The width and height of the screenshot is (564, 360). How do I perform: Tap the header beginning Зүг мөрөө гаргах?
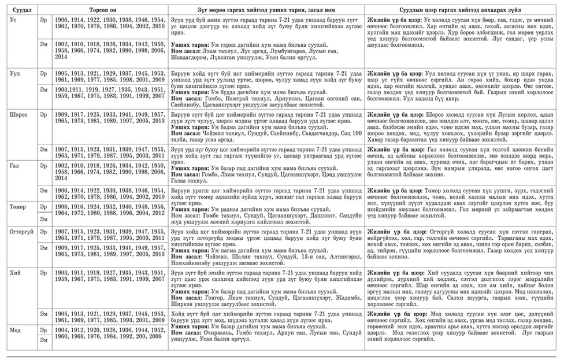pyautogui.click(x=266, y=10)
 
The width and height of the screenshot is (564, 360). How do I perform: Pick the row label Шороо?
pyautogui.click(x=18, y=115)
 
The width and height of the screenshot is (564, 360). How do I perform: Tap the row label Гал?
pyautogui.click(x=15, y=165)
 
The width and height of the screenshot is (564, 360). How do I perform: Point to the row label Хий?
pyautogui.click(x=15, y=272)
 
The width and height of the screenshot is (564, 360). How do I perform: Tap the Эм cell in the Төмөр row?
pyautogui.click(x=43, y=219)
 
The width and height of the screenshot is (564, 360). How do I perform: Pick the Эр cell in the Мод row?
pyautogui.click(x=43, y=329)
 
